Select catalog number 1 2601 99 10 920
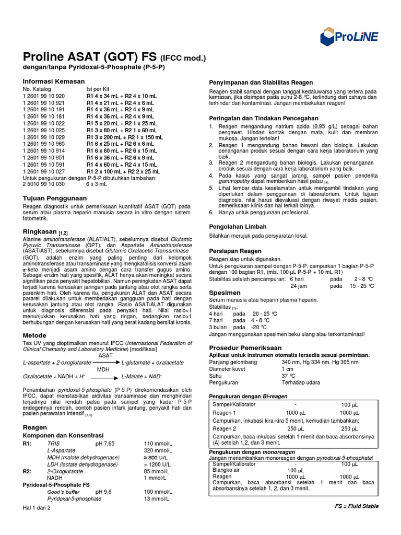[44, 96]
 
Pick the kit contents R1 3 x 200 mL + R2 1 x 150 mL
[125, 137]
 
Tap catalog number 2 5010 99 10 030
[44, 184]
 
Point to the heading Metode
[34, 335]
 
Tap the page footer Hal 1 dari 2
[37, 508]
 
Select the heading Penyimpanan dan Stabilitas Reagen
[261, 83]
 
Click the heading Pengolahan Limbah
[238, 227]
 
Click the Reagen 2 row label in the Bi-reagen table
[225, 428]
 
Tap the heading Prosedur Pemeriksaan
[245, 347]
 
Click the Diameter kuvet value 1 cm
[288, 369]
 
